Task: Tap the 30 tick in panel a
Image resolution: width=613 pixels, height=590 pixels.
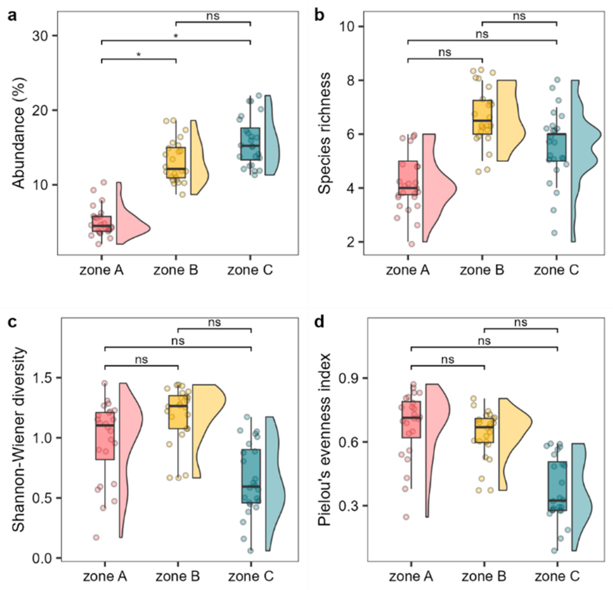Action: [x=41, y=36]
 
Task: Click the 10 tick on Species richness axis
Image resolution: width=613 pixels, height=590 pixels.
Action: [x=348, y=27]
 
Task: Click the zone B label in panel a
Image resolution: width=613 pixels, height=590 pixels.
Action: [x=176, y=270]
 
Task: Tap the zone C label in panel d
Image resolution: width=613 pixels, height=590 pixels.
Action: [x=557, y=576]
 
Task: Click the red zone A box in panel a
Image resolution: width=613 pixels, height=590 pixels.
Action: [x=102, y=224]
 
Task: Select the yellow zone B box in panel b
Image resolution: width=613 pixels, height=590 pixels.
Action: [x=482, y=117]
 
